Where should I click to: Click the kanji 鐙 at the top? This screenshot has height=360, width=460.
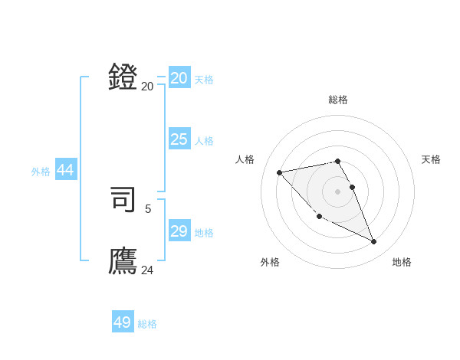(x=123, y=78)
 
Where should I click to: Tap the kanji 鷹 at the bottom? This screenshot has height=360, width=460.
(x=123, y=260)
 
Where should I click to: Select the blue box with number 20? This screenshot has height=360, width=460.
(x=179, y=78)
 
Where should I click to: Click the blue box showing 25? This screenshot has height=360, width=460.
(x=179, y=139)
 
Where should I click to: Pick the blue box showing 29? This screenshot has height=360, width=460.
(x=179, y=231)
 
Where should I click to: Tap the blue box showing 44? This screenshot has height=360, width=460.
(x=66, y=171)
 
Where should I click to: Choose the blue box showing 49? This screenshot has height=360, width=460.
(x=123, y=322)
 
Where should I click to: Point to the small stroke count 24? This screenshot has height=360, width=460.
(x=147, y=270)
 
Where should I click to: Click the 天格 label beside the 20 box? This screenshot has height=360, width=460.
(x=204, y=80)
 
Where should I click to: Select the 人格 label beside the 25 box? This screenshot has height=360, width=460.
(x=204, y=141)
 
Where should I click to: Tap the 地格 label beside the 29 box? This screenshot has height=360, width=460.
(x=204, y=233)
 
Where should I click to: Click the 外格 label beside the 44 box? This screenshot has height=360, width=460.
(x=41, y=172)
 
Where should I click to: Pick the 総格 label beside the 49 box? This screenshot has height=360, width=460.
(x=147, y=324)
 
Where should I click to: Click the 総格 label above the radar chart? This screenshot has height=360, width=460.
(x=337, y=100)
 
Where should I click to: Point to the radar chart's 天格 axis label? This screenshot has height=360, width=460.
(x=432, y=159)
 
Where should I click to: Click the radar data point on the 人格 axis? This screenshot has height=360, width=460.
(x=279, y=172)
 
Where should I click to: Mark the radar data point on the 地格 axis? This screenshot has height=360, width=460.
(x=374, y=242)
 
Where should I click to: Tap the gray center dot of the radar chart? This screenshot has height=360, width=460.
(x=337, y=191)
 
